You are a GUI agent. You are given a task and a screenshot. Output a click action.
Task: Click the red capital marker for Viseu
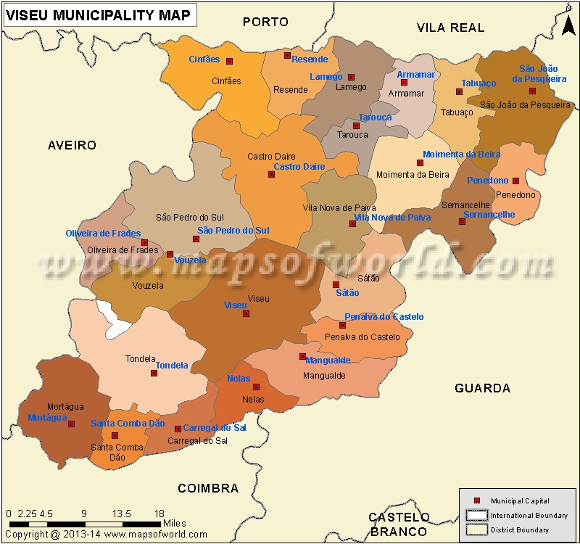(x=246, y=314)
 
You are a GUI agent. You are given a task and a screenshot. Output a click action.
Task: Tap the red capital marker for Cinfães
(x=230, y=62)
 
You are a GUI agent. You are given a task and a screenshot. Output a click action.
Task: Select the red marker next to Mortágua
(x=71, y=424)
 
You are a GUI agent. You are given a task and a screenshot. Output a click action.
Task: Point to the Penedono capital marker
(x=515, y=181)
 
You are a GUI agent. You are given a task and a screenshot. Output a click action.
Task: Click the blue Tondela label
(x=172, y=366)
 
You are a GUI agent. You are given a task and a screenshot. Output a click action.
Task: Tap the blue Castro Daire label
(x=299, y=167)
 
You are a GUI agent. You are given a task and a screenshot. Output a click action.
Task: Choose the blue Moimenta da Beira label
(x=461, y=154)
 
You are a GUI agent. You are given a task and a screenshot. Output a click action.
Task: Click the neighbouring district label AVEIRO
(x=72, y=145)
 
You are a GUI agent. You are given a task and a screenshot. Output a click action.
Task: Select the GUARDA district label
(x=482, y=388)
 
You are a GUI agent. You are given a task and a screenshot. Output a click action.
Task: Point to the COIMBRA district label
(x=208, y=488)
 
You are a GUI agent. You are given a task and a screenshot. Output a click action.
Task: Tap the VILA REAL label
(x=450, y=28)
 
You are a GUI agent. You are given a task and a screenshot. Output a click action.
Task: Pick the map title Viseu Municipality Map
(x=99, y=15)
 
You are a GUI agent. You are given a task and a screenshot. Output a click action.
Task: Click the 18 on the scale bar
(x=159, y=514)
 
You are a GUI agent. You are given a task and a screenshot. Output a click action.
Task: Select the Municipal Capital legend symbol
(x=476, y=501)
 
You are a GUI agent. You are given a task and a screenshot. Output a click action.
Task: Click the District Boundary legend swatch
(x=476, y=529)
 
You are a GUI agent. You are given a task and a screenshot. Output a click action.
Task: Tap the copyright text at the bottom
(x=105, y=535)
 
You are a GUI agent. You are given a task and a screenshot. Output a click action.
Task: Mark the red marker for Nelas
(x=256, y=387)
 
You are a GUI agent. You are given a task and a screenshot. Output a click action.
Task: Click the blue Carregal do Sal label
(x=214, y=428)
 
